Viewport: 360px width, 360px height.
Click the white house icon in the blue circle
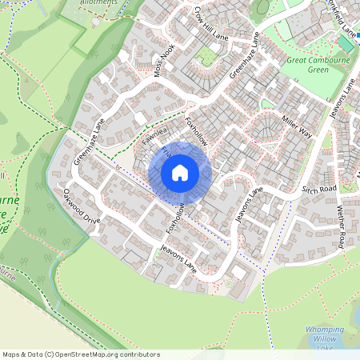180,172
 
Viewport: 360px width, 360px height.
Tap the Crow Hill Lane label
211,25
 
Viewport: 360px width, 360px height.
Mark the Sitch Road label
320,190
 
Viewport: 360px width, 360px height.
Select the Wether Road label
341,226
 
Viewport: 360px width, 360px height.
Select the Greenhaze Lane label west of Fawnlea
90,142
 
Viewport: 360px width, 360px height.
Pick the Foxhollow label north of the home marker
196,132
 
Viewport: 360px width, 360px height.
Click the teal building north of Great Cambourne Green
346,42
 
